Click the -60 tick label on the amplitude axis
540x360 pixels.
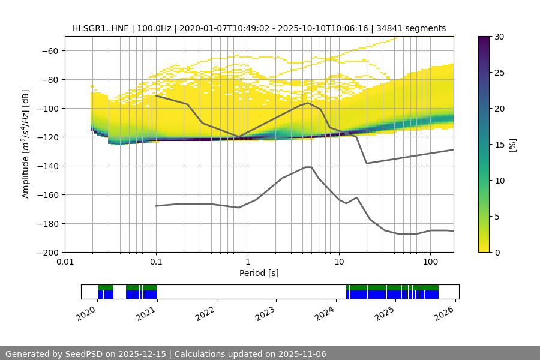[49, 50]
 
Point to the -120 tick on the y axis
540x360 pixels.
[49, 137]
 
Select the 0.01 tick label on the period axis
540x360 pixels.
[65, 262]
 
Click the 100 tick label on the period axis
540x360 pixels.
[430, 262]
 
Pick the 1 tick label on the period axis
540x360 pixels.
[247, 262]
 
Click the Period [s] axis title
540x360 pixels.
[259, 273]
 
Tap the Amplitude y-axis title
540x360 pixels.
[26, 144]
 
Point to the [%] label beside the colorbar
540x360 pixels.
[512, 145]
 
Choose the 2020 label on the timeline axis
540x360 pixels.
[86, 313]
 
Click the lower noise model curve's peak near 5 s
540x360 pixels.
[308, 167]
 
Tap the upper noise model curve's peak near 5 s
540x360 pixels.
[308, 103]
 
